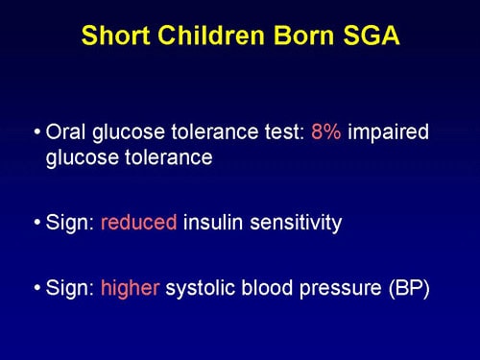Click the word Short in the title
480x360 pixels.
tap(114, 36)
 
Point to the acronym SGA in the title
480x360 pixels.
tap(363, 36)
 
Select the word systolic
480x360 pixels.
tap(201, 287)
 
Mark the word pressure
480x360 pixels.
tap(336, 287)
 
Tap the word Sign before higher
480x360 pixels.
tap(68, 287)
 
